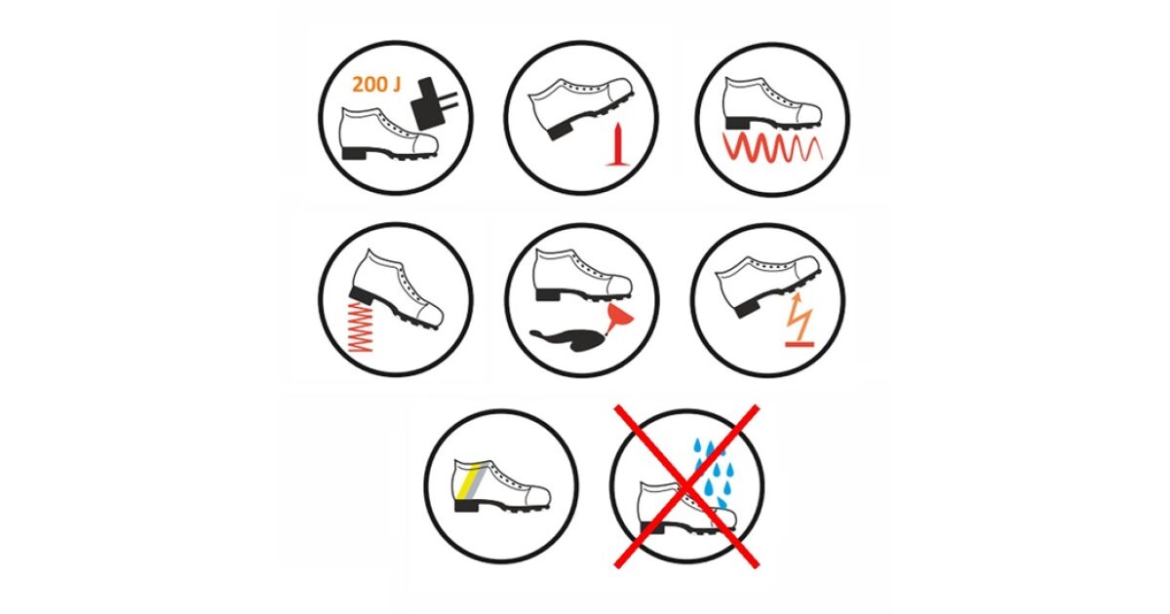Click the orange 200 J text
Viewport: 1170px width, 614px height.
[x=376, y=85]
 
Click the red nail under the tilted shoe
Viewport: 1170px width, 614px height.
[x=618, y=144]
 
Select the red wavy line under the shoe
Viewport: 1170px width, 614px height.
[x=772, y=147]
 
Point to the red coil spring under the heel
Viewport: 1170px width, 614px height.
[x=360, y=326]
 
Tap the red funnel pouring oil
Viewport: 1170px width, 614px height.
[x=618, y=318]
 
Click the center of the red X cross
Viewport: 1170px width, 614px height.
[x=686, y=486]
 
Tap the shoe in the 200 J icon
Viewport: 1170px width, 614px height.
[x=388, y=134]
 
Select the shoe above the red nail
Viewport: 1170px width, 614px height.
[x=581, y=106]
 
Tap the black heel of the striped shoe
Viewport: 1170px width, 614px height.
[x=467, y=506]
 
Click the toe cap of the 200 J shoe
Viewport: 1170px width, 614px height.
[x=424, y=144]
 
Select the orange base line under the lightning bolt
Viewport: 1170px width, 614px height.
[x=799, y=344]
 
